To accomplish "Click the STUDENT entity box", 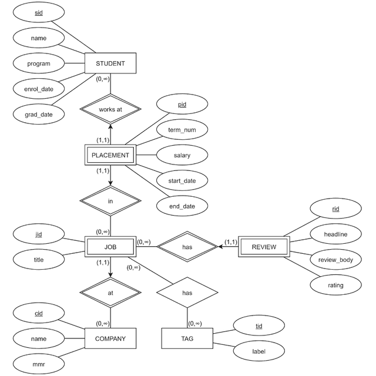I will (x=110, y=63).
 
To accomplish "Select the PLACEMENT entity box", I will (x=110, y=155).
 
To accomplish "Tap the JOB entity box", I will (x=110, y=247).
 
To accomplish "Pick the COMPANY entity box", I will (x=110, y=338).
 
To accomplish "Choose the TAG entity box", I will (x=187, y=338).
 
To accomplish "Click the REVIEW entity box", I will (x=264, y=247).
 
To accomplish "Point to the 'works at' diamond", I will (x=110, y=109).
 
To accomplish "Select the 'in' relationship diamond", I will (x=110, y=201).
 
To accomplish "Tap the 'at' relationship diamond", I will (x=110, y=292).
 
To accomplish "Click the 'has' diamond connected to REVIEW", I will (x=187, y=247).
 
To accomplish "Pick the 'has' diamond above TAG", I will (x=187, y=292).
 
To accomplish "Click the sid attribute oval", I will (x=39, y=12).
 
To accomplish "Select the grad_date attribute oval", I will (x=39, y=114).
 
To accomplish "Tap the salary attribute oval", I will (x=182, y=155).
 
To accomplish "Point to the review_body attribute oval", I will (x=335, y=260).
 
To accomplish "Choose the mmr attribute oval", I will (x=39, y=364).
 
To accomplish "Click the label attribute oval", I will (x=258, y=352).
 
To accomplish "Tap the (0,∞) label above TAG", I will (x=194, y=323).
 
